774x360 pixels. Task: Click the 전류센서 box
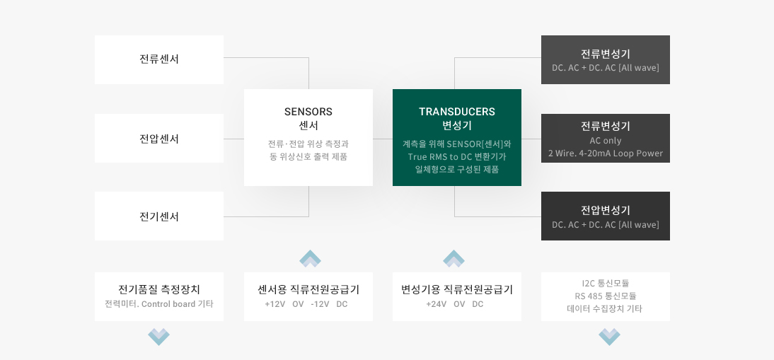[159, 59]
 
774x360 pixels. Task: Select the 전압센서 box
[159, 138]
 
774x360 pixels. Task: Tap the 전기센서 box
[159, 216]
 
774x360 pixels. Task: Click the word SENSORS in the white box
[308, 112]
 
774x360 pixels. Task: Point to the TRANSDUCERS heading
[456, 112]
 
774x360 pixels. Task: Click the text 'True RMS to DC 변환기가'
[456, 157]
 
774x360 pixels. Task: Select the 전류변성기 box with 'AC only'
[605, 138]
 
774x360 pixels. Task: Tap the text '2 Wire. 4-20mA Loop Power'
[605, 153]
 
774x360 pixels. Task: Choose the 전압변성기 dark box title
[605, 211]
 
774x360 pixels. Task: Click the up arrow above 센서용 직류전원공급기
[310, 258]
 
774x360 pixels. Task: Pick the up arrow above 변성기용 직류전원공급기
[454, 258]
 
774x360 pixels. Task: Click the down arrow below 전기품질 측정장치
[159, 337]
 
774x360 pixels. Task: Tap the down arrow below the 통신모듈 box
[609, 337]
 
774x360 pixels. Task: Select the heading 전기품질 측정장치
[159, 289]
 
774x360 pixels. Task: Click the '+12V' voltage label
[275, 304]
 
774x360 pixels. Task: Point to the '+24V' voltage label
[436, 304]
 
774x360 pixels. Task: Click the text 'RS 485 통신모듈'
[605, 296]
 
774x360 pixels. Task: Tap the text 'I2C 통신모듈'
[605, 284]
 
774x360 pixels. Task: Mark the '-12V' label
[320, 304]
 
